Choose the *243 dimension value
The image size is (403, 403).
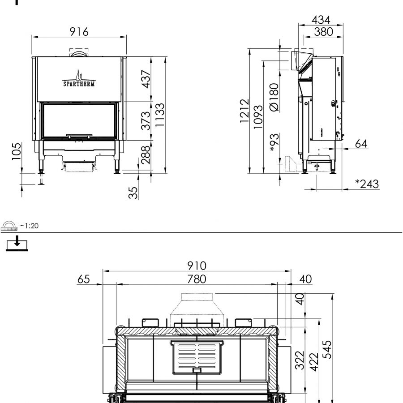tap(366, 184)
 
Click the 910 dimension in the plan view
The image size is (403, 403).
tap(197, 266)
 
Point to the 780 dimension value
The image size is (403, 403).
tap(197, 279)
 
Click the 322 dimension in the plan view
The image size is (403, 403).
tap(300, 363)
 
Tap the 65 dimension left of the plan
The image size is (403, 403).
tap(83, 279)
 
